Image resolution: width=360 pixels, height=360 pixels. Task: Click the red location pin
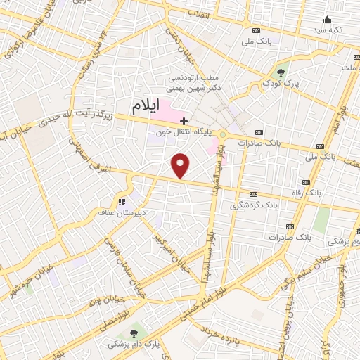pyautogui.click(x=181, y=165)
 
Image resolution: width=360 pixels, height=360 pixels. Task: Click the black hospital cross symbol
pyautogui.click(x=184, y=121)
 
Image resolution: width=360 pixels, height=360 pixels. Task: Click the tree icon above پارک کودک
pyautogui.click(x=281, y=72)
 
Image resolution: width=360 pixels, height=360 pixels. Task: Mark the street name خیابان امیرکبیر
pyautogui.click(x=171, y=252)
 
